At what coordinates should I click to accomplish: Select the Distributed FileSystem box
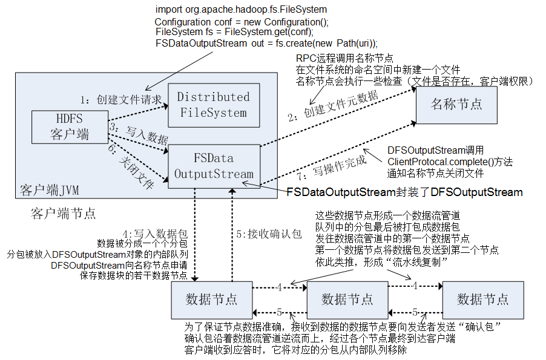212,105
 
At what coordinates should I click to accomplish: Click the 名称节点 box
456,104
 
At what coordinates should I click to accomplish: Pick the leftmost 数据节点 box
211,299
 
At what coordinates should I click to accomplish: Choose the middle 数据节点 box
347,299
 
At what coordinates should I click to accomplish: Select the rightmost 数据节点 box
482,299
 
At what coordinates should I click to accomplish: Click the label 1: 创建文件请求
122,97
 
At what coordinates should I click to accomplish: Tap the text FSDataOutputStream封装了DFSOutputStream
404,192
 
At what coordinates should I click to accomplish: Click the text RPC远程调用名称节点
344,59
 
